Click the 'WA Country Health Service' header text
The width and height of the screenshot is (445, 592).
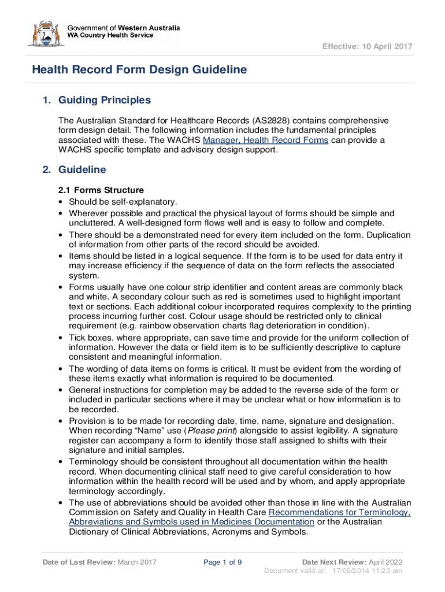[110, 36]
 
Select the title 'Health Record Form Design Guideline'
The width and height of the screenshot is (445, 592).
[139, 70]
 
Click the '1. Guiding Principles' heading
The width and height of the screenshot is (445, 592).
[97, 101]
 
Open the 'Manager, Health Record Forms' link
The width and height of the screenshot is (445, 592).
[266, 140]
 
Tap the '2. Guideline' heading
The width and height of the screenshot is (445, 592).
[75, 170]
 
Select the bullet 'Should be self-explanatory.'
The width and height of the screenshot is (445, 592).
[123, 202]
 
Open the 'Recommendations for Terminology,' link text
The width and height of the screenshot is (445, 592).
[340, 512]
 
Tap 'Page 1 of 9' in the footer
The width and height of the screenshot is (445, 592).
[223, 562]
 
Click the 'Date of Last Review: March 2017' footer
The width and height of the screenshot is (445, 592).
[99, 562]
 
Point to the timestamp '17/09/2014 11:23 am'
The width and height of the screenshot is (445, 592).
[367, 571]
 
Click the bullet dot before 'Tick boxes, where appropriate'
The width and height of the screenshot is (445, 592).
[61, 338]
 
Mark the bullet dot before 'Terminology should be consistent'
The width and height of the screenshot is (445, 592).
[61, 461]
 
